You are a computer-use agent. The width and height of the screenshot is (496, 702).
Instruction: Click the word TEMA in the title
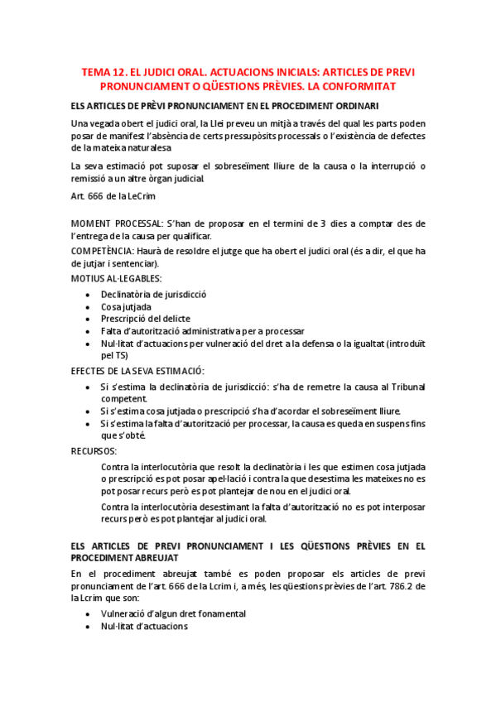click(x=94, y=73)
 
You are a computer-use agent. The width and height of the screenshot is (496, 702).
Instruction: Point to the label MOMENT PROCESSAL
click(x=116, y=224)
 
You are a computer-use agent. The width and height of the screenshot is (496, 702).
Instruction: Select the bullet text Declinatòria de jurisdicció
click(x=153, y=294)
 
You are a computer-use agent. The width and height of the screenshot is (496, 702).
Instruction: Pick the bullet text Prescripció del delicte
click(x=146, y=318)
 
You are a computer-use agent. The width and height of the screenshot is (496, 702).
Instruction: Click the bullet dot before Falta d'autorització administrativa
click(x=89, y=330)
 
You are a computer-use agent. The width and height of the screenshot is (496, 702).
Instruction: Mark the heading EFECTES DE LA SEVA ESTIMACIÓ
click(x=137, y=370)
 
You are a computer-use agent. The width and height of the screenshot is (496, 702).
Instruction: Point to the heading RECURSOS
click(x=94, y=451)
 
